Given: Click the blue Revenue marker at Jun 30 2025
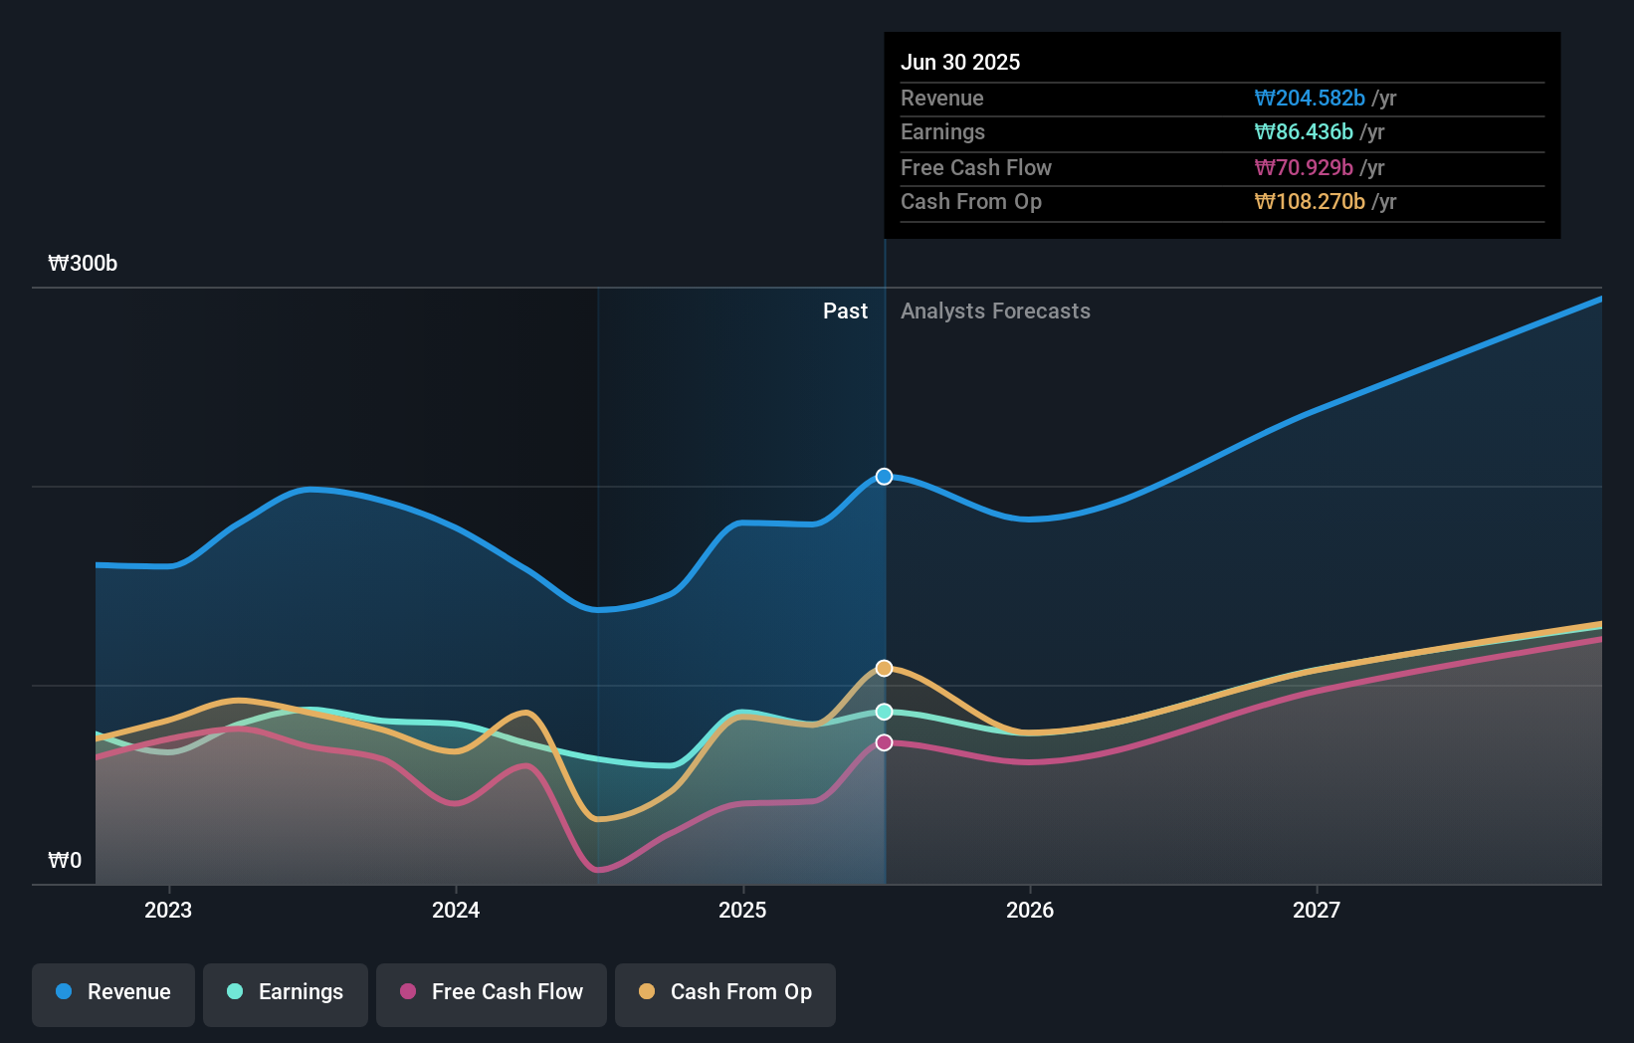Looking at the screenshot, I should (884, 477).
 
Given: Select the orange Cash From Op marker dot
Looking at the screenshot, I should (884, 668).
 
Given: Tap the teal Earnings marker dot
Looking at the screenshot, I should (884, 712).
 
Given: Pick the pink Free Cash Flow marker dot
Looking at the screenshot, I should (884, 742).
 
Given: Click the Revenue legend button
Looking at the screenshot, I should (113, 992).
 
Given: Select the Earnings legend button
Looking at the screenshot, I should (286, 992).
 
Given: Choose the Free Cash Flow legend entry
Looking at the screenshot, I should (492, 992).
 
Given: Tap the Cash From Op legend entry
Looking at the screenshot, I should (725, 992).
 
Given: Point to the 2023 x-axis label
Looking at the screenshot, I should (168, 910).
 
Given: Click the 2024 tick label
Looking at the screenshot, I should (456, 910).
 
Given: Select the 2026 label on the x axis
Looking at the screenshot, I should (1030, 910).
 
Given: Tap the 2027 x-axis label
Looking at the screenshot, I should (1317, 910).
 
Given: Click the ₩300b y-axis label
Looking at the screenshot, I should (83, 264).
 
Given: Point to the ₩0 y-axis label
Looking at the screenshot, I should (65, 861).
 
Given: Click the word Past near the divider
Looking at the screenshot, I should (845, 312).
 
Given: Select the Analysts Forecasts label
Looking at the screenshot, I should (995, 312).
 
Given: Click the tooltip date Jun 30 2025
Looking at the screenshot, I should (960, 62).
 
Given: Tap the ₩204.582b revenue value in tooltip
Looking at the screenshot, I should (1310, 98).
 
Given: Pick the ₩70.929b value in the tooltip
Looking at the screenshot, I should (1304, 167).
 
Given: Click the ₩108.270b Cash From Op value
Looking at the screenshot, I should (1310, 202).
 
